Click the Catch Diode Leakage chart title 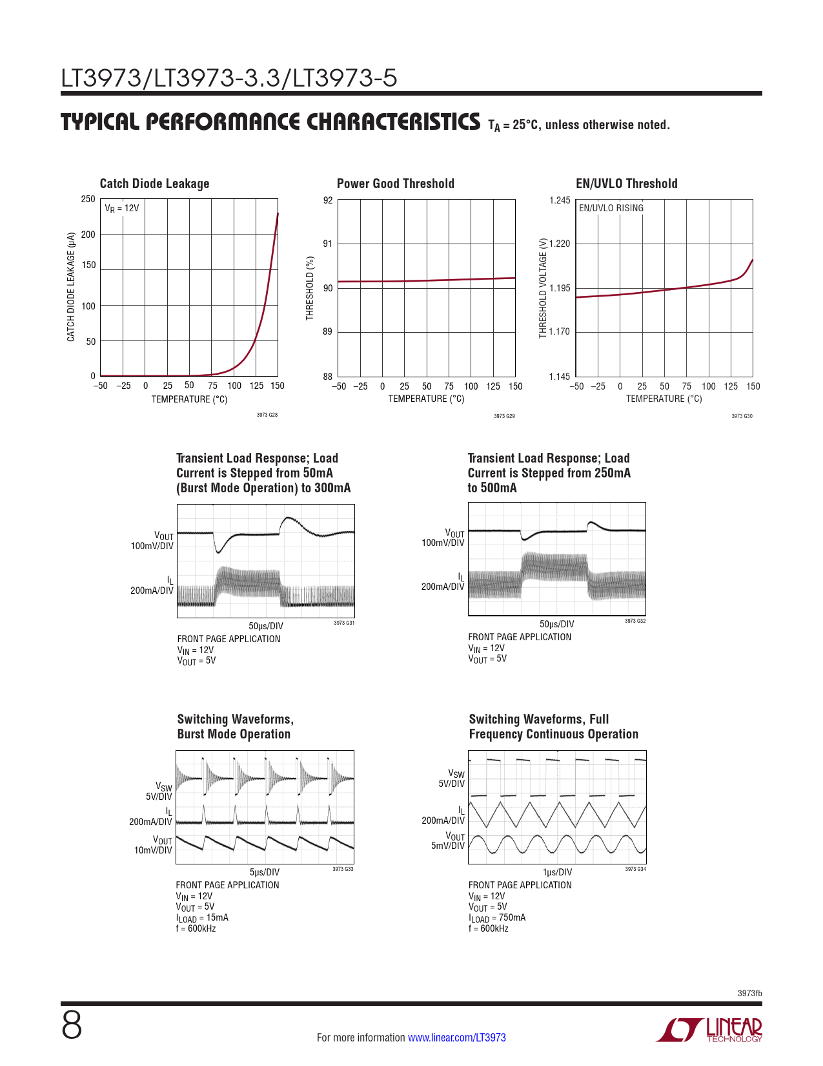pos(154,183)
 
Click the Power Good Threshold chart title pos(395,183)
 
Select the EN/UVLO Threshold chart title pos(626,183)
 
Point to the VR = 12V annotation pos(122,209)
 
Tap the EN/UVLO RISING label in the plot pos(611,208)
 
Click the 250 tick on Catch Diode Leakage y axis pos(88,199)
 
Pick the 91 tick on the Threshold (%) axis pos(328,244)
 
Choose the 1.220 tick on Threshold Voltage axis pos(560,244)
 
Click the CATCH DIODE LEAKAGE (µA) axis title pos(71,287)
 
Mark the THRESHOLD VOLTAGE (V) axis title pos(543,288)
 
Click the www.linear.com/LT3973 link pos(456,1038)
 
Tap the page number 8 pos(72,1025)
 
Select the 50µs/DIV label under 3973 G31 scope pos(266,626)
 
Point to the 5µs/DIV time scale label pos(265,872)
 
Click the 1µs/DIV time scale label pos(557,872)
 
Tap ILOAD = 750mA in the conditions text pos(497,918)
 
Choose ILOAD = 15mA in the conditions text pos(202,918)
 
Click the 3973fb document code pos(749,993)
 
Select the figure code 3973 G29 pos(504,416)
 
